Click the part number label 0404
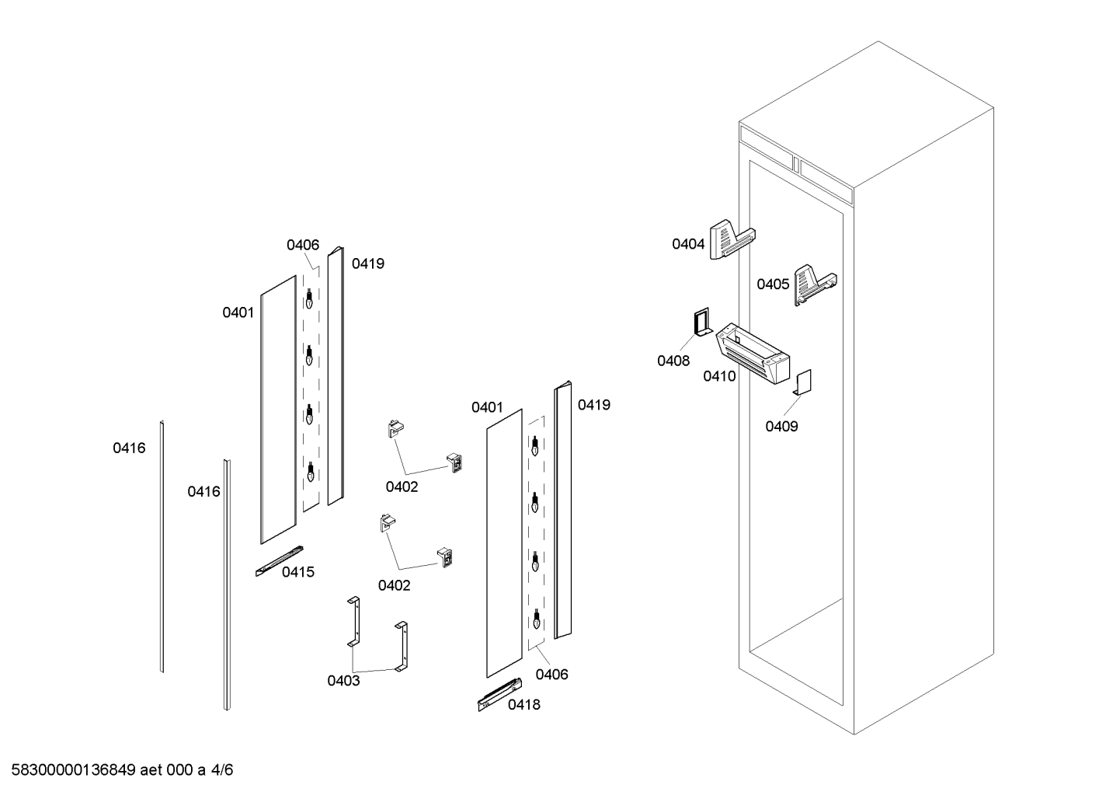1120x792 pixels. coord(688,244)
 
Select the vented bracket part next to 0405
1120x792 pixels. coord(815,285)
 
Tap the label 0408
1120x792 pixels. coord(673,361)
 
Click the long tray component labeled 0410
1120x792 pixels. coord(753,353)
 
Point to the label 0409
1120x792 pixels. coord(781,426)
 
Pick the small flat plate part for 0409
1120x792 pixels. coord(802,382)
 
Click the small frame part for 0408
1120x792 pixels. coord(702,323)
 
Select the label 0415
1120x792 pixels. coord(298,572)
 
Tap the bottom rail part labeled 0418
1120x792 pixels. coord(499,694)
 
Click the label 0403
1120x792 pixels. coord(343,680)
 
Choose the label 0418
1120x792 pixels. coord(524,704)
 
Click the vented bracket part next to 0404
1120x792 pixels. coord(732,239)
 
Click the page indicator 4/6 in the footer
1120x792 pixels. coord(222,770)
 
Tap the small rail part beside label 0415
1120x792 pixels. coord(279,561)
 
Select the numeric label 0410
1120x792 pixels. coord(719,376)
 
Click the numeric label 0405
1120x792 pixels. coord(773,284)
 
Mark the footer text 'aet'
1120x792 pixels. coord(151,770)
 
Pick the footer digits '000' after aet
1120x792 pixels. coord(179,770)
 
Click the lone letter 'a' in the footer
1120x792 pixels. coord(201,771)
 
